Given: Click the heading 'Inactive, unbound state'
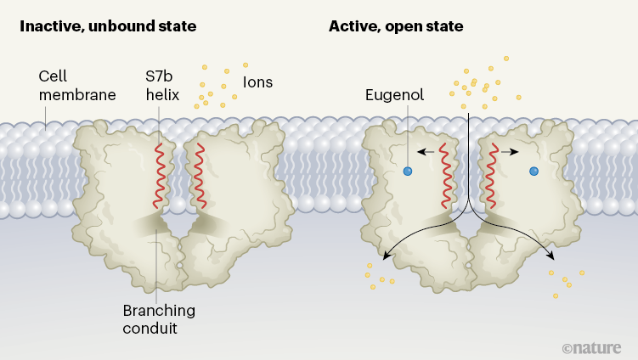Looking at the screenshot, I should click(x=108, y=26).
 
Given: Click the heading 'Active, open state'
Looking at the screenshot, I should click(x=396, y=26).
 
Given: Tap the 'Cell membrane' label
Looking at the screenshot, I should click(x=77, y=85).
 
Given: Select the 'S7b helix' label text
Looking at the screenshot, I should click(x=162, y=85).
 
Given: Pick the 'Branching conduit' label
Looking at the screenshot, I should click(x=161, y=318).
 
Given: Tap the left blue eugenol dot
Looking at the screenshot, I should click(x=408, y=172).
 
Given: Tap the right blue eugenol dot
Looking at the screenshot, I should click(x=534, y=172).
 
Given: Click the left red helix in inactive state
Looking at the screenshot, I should click(x=159, y=175).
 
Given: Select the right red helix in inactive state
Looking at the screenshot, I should click(x=200, y=175).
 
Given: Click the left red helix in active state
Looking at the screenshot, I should click(x=445, y=175).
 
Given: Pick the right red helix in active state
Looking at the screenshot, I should click(x=489, y=175).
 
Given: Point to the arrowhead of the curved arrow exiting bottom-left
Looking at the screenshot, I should click(x=386, y=256).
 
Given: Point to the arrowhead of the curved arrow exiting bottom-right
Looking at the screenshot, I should click(x=552, y=256).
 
